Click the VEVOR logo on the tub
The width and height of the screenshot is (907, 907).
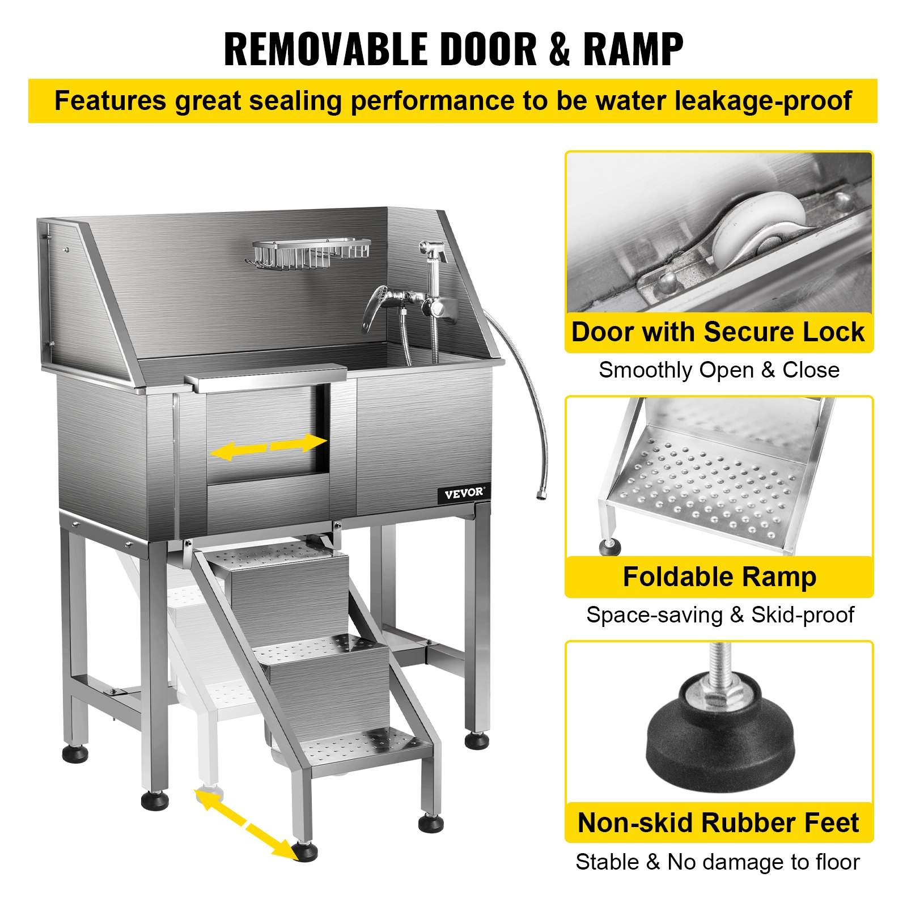pos(464,493)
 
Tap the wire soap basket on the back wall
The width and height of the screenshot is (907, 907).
pos(309,253)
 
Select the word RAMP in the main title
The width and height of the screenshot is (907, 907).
pos(633,49)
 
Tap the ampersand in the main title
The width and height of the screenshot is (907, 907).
pos(560,49)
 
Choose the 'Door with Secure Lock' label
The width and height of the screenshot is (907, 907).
pos(718,332)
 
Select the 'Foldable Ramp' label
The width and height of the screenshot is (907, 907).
pos(719,577)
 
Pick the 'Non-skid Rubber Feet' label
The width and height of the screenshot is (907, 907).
pos(718,823)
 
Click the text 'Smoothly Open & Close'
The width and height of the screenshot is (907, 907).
pos(719,370)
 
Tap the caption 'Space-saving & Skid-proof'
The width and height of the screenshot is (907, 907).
pos(720,615)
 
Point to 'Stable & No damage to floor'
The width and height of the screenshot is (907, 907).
pos(718,862)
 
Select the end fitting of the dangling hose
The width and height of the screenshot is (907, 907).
pos(541,494)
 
